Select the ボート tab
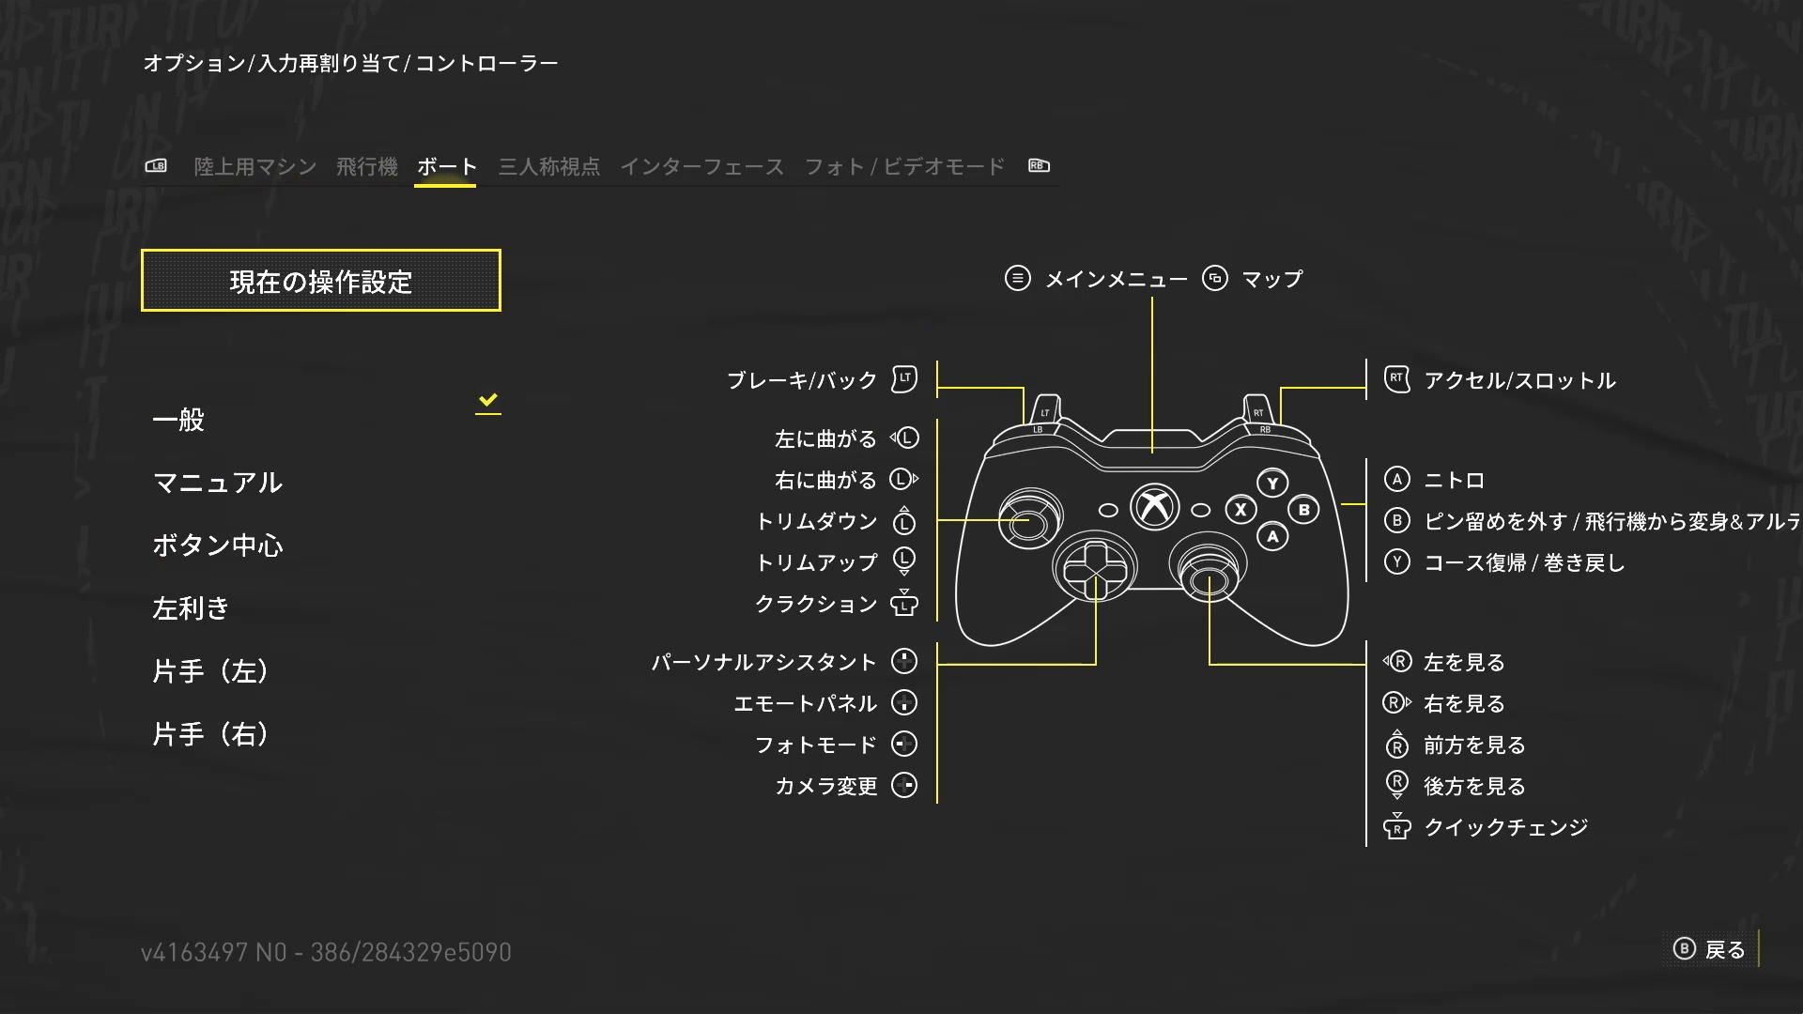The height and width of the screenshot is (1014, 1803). point(446,167)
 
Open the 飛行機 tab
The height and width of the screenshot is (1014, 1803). point(366,167)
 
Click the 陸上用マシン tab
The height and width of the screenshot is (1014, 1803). point(255,167)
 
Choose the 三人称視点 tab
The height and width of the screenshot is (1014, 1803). point(548,167)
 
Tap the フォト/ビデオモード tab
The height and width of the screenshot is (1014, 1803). point(904,167)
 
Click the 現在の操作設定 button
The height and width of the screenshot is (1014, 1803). point(320,281)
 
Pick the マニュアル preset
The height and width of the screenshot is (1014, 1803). point(217,483)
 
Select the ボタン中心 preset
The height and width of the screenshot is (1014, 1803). point(217,545)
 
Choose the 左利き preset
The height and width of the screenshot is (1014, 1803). point(191,608)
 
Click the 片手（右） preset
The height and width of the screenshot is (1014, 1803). point(210,734)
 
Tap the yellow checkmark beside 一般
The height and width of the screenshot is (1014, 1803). point(487,401)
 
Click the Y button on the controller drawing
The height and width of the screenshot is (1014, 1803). point(1272,484)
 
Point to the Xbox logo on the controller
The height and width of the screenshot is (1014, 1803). point(1154,507)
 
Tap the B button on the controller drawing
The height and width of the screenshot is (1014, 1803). point(1303,510)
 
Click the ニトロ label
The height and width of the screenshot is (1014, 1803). point(1454,481)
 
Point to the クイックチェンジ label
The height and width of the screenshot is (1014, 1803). point(1505,827)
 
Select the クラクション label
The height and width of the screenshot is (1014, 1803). point(815,604)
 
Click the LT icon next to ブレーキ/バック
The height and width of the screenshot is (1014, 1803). point(903,379)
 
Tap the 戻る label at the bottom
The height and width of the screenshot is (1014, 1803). point(1724,950)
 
